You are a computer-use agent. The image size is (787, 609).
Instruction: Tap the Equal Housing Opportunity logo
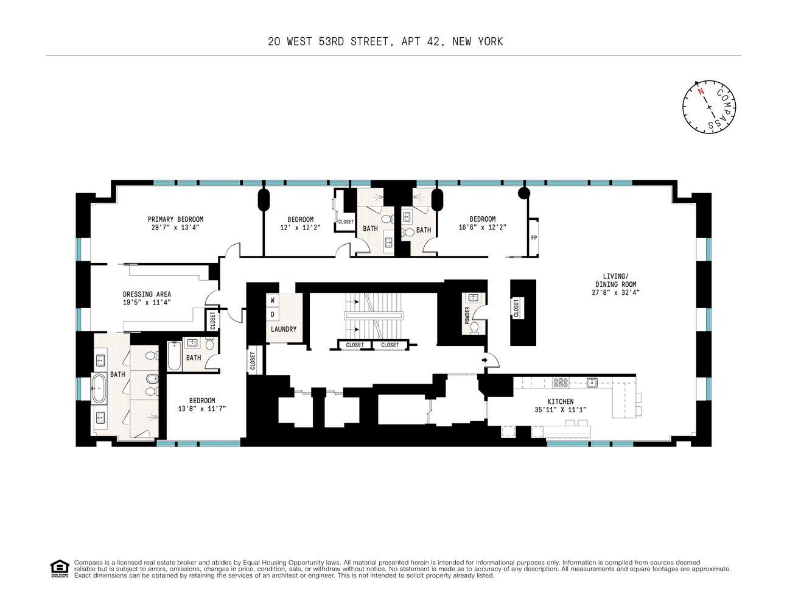click(60, 569)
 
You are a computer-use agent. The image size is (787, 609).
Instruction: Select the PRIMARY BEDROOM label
click(175, 219)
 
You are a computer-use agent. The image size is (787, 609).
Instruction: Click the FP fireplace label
click(533, 238)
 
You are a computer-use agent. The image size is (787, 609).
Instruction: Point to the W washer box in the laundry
click(272, 300)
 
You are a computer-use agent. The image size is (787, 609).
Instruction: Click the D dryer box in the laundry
click(272, 314)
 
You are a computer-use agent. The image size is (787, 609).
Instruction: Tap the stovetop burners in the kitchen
click(561, 382)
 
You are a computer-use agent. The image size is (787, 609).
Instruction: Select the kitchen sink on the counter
click(592, 382)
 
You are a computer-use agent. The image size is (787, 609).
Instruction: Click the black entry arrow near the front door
click(484, 360)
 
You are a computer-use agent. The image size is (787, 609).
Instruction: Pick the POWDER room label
click(467, 315)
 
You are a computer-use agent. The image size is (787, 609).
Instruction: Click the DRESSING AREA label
click(147, 294)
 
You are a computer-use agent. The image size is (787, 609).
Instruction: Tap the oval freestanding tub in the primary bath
click(99, 389)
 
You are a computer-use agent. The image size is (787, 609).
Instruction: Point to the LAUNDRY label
click(284, 329)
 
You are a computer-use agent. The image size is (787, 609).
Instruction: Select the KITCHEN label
click(561, 401)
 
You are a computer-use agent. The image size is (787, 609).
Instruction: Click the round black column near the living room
click(523, 193)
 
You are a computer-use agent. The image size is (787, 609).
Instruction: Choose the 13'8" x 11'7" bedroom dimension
click(201, 409)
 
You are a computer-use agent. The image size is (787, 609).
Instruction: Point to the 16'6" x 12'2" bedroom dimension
click(482, 227)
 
